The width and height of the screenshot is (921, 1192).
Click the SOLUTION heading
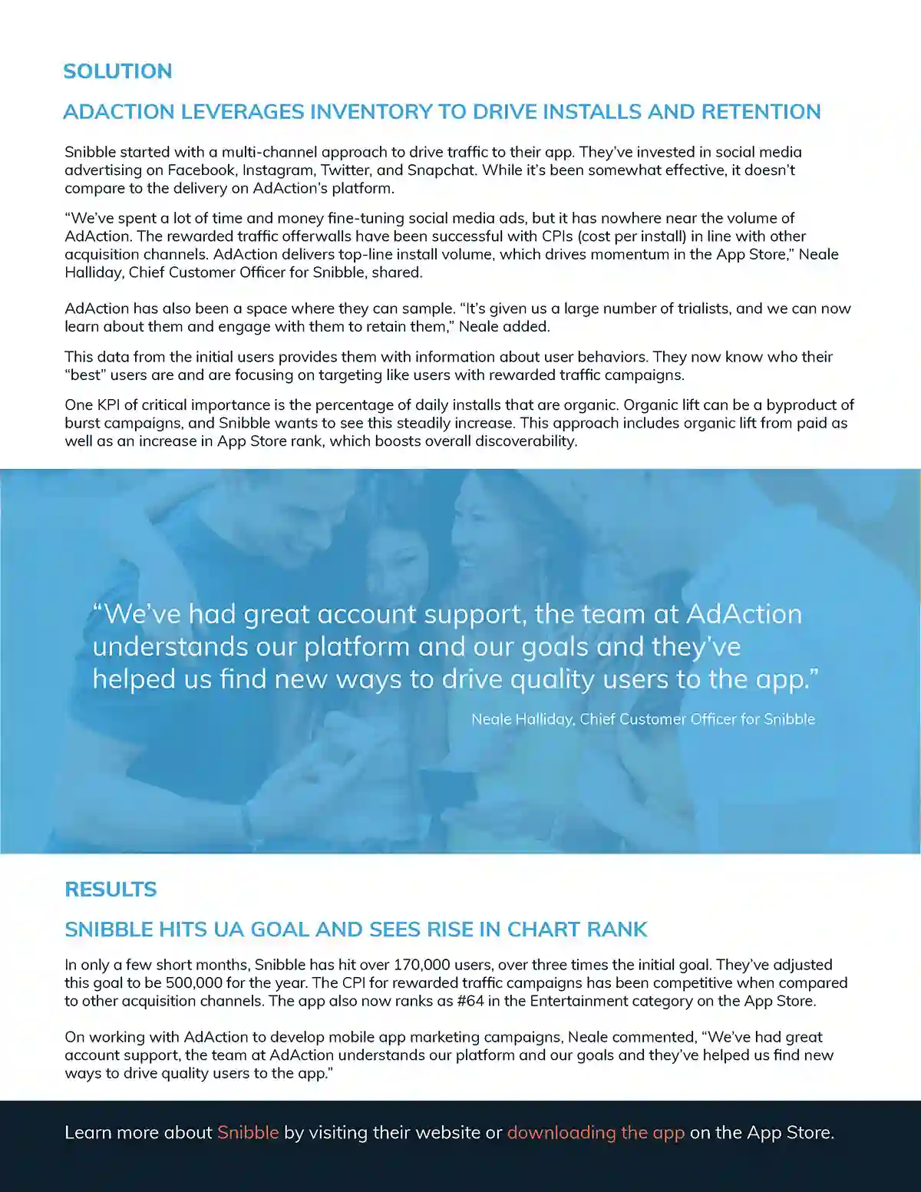point(117,71)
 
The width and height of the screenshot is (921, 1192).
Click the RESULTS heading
point(111,890)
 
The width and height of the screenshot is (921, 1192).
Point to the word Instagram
point(278,170)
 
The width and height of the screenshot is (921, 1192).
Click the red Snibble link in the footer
point(248,1133)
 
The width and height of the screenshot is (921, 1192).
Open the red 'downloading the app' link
point(596,1133)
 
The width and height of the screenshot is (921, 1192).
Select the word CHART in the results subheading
point(543,929)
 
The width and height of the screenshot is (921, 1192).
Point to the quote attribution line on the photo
point(643,719)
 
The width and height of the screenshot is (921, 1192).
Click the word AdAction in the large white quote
point(744,614)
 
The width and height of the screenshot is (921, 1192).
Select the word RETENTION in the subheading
point(761,112)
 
